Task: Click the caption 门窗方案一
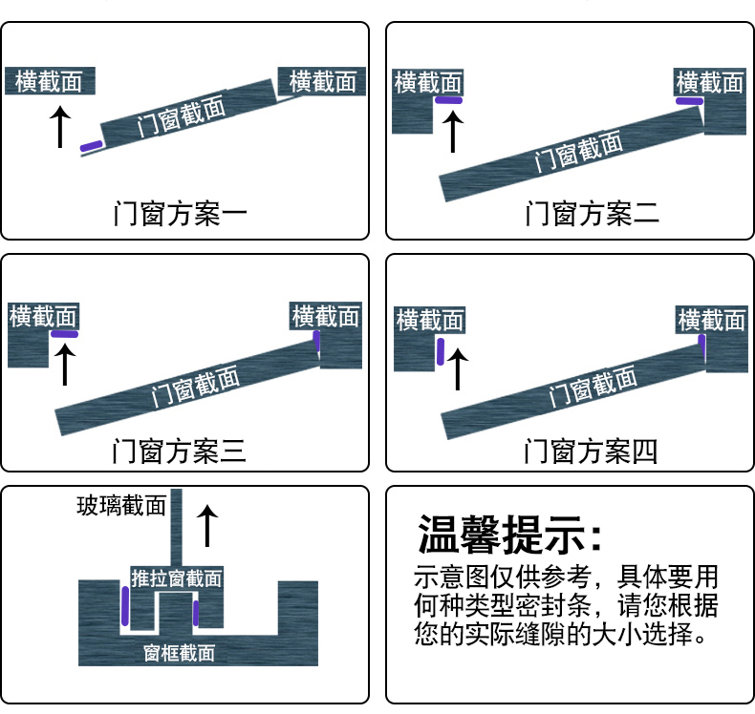coord(180,212)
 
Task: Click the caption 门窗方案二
coord(592,212)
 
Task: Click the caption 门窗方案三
coord(180,449)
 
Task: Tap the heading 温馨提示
coord(511,536)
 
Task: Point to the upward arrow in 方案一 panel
coord(60,126)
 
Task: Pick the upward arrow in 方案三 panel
coord(65,364)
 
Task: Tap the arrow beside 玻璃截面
coord(207,526)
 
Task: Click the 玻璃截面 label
coord(121,505)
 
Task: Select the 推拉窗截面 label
coord(177,578)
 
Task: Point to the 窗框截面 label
coord(179,653)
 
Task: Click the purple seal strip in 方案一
coord(91,146)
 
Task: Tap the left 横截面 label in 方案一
coord(50,82)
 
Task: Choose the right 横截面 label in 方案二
coord(708,82)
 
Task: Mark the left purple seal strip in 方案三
coord(65,334)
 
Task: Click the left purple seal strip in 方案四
coord(441,351)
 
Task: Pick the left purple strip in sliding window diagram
coord(125,604)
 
